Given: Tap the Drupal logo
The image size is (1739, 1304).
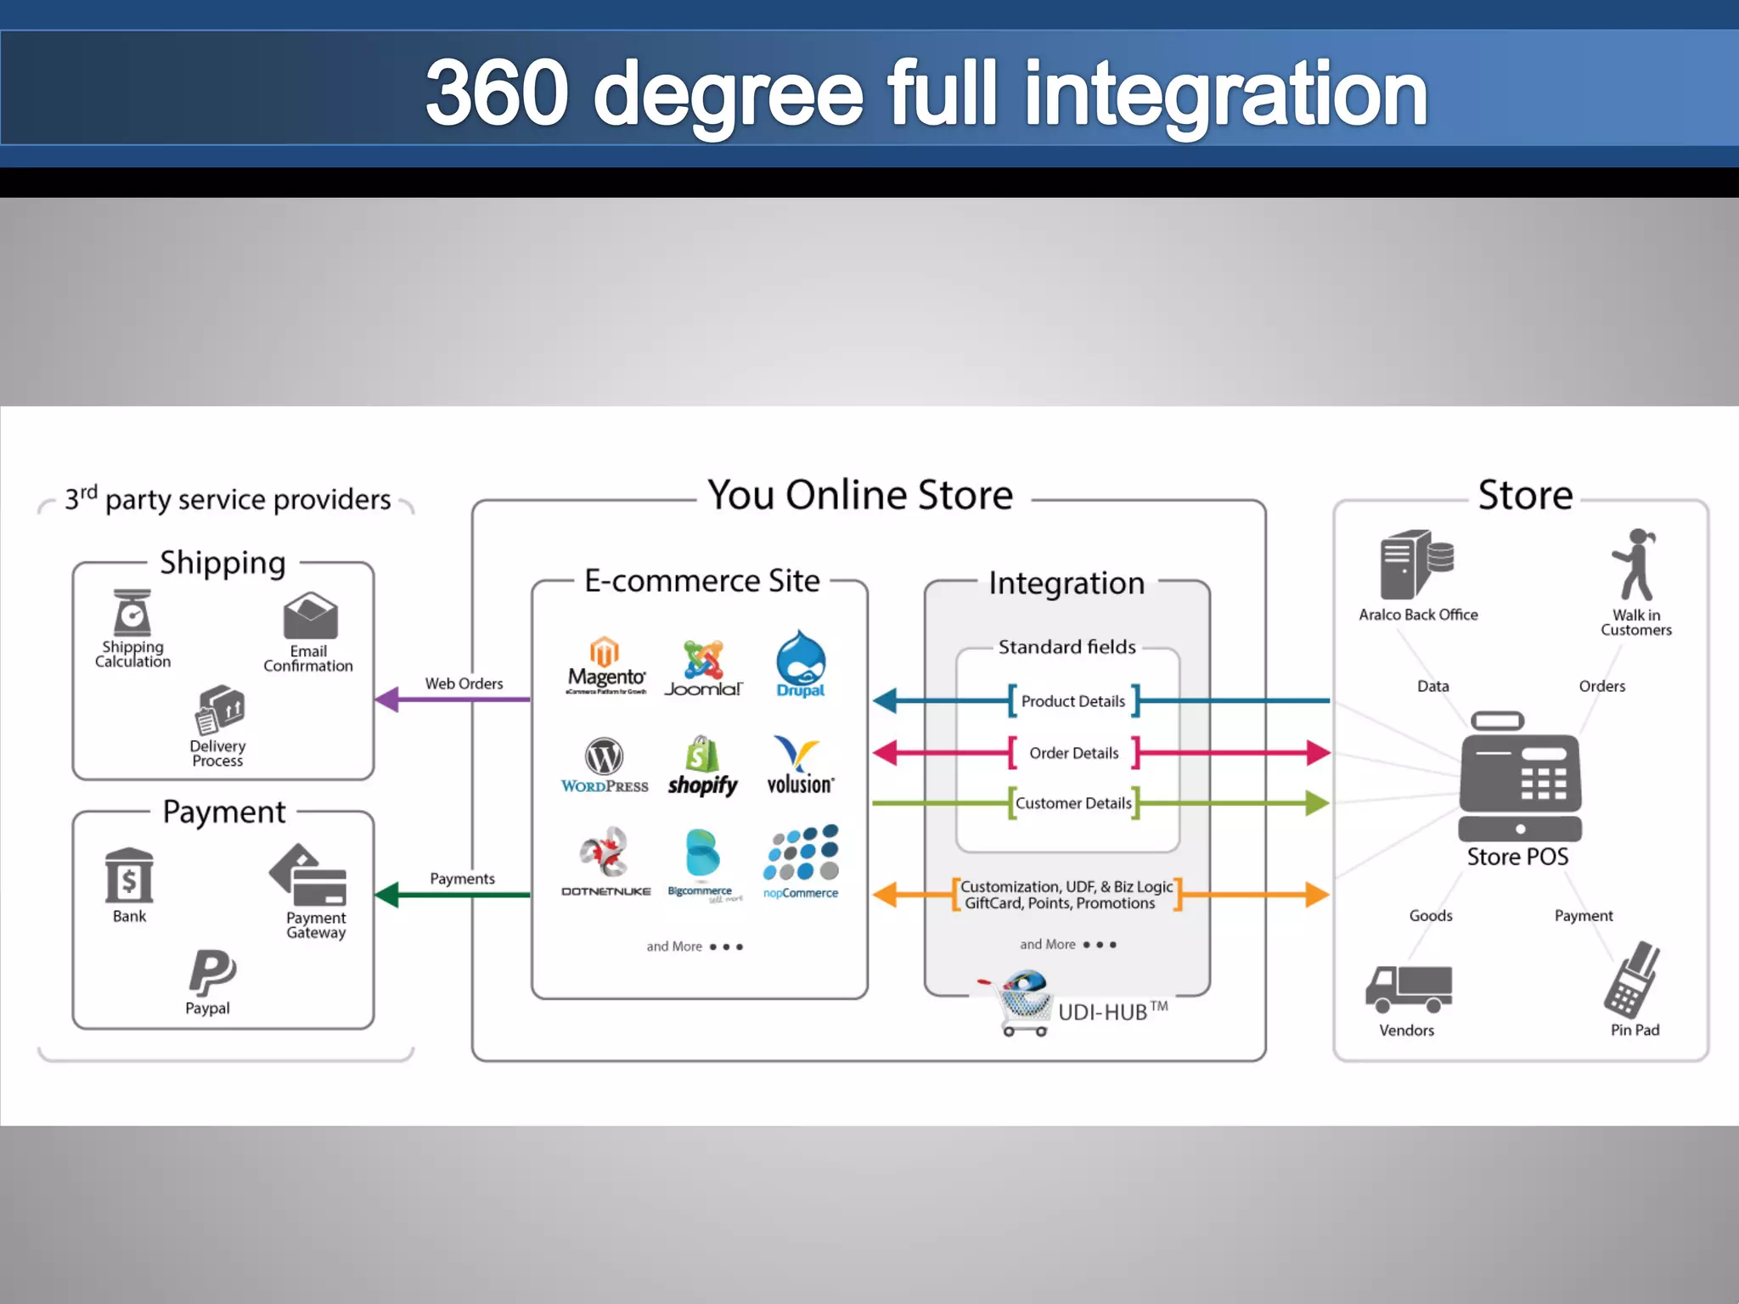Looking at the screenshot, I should [x=800, y=663].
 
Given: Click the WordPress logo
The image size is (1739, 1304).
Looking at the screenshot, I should [x=604, y=764].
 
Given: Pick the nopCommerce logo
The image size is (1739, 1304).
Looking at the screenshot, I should [x=801, y=861].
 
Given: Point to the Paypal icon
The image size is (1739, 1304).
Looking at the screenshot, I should [x=211, y=972].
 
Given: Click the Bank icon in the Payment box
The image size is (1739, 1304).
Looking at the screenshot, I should [x=129, y=875].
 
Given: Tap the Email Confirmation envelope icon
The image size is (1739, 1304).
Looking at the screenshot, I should [x=310, y=615].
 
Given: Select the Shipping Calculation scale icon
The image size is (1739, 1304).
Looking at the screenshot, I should [x=132, y=612].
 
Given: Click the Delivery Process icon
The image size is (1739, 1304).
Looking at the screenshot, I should [x=219, y=709].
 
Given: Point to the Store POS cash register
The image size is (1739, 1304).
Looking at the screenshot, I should [x=1520, y=777].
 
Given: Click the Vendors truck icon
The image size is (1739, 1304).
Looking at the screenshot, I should [x=1408, y=989].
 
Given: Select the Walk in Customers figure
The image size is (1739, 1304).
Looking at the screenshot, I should [x=1635, y=565].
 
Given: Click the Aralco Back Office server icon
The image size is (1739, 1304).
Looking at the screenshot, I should [x=1415, y=565].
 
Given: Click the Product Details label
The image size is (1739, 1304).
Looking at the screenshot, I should [x=1073, y=701].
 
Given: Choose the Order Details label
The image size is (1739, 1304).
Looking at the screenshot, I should [x=1073, y=753].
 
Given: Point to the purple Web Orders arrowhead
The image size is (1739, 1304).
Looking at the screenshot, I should [x=387, y=700].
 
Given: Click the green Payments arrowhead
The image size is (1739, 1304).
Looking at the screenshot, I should [x=387, y=894].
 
